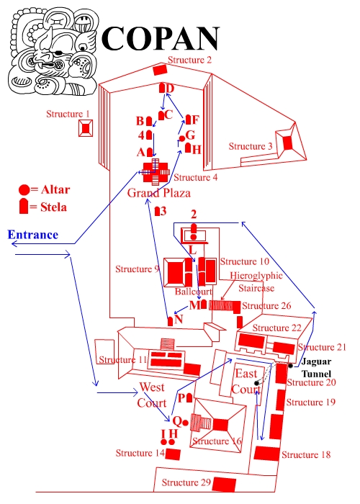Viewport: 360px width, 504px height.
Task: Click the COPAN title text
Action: pyautogui.click(x=160, y=38)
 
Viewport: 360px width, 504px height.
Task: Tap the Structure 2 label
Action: pyautogui.click(x=189, y=60)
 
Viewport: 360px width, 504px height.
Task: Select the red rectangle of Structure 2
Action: pyautogui.click(x=160, y=70)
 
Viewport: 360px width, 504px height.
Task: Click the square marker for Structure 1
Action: pyautogui.click(x=86, y=128)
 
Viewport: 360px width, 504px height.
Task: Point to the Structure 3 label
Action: pyautogui.click(x=251, y=146)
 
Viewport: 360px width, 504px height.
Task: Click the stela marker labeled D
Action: pyautogui.click(x=162, y=88)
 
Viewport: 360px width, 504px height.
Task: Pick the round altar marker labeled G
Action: pyautogui.click(x=182, y=138)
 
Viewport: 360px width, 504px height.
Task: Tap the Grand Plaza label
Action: pyautogui.click(x=159, y=193)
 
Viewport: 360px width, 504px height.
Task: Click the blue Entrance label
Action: pyautogui.click(x=33, y=235)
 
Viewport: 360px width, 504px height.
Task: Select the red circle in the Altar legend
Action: pyautogui.click(x=24, y=190)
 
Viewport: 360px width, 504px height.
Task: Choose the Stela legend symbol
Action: pyautogui.click(x=24, y=206)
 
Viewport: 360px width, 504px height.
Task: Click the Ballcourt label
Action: pyautogui.click(x=194, y=291)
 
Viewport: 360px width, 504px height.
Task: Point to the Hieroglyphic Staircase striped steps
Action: pyautogui.click(x=221, y=305)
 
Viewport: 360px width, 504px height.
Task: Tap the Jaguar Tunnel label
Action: pyautogui.click(x=316, y=368)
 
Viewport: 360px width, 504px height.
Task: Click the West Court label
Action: pyautogui.click(x=152, y=395)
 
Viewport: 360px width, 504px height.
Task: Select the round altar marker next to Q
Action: pyautogui.click(x=185, y=423)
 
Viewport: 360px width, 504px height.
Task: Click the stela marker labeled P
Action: pyautogui.click(x=189, y=398)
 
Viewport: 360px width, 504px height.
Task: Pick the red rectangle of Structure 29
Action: pyautogui.click(x=224, y=485)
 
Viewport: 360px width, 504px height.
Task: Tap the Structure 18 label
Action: pyautogui.click(x=306, y=454)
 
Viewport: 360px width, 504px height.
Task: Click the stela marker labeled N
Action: pyautogui.click(x=171, y=321)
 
